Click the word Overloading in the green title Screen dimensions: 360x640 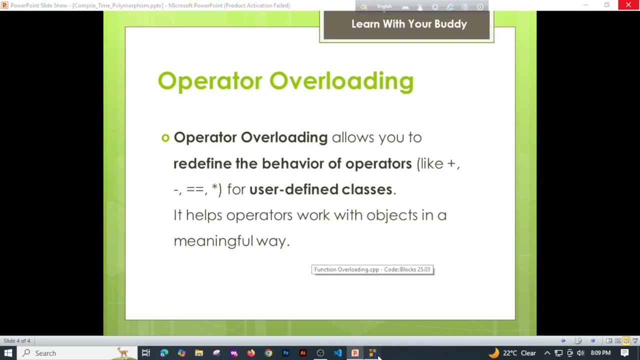point(341,81)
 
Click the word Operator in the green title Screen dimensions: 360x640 point(209,81)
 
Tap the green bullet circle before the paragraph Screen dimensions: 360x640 point(165,137)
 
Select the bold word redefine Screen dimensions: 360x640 point(202,163)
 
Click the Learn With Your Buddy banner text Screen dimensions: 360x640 point(408,24)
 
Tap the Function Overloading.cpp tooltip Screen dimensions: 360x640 point(372,269)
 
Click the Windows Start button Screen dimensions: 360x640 point(8,353)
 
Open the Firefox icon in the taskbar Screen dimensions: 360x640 point(251,353)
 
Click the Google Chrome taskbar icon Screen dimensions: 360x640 point(268,353)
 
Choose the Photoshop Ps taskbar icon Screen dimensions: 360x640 point(285,353)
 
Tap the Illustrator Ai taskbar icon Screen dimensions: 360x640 point(303,353)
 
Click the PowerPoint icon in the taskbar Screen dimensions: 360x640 point(355,353)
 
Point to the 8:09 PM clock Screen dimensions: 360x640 point(600,353)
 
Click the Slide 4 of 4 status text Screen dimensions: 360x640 point(17,341)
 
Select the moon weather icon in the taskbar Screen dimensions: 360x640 point(493,353)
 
